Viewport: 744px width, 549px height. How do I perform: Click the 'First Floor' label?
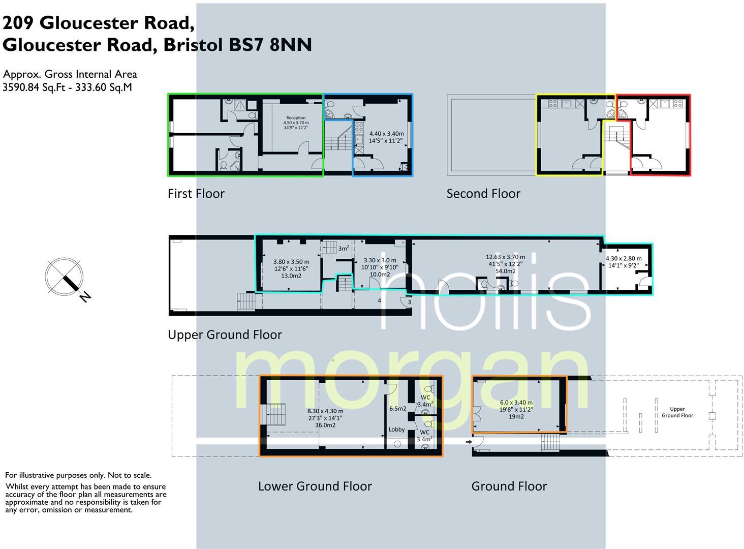point(196,194)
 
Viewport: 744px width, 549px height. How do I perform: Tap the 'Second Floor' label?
point(483,194)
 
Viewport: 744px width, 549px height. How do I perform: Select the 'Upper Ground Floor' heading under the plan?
point(225,334)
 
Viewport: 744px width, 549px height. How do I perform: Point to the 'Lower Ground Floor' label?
point(315,486)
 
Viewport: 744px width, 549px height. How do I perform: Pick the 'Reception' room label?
point(296,118)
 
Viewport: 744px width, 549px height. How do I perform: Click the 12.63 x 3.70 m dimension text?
point(505,257)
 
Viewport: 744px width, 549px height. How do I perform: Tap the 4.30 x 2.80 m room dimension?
point(624,258)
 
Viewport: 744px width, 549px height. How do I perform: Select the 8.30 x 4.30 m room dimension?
point(325,411)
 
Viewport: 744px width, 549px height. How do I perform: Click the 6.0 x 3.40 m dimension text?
point(516,403)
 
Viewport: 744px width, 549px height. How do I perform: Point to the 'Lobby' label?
point(396,430)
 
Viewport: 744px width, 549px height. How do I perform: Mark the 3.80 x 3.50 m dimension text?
point(291,262)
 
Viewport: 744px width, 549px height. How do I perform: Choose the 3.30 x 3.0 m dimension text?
point(380,260)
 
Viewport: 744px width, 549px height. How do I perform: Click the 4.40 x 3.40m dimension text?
point(386,134)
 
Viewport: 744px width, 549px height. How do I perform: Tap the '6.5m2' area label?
point(397,409)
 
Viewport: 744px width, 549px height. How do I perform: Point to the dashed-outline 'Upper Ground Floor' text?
point(677,412)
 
